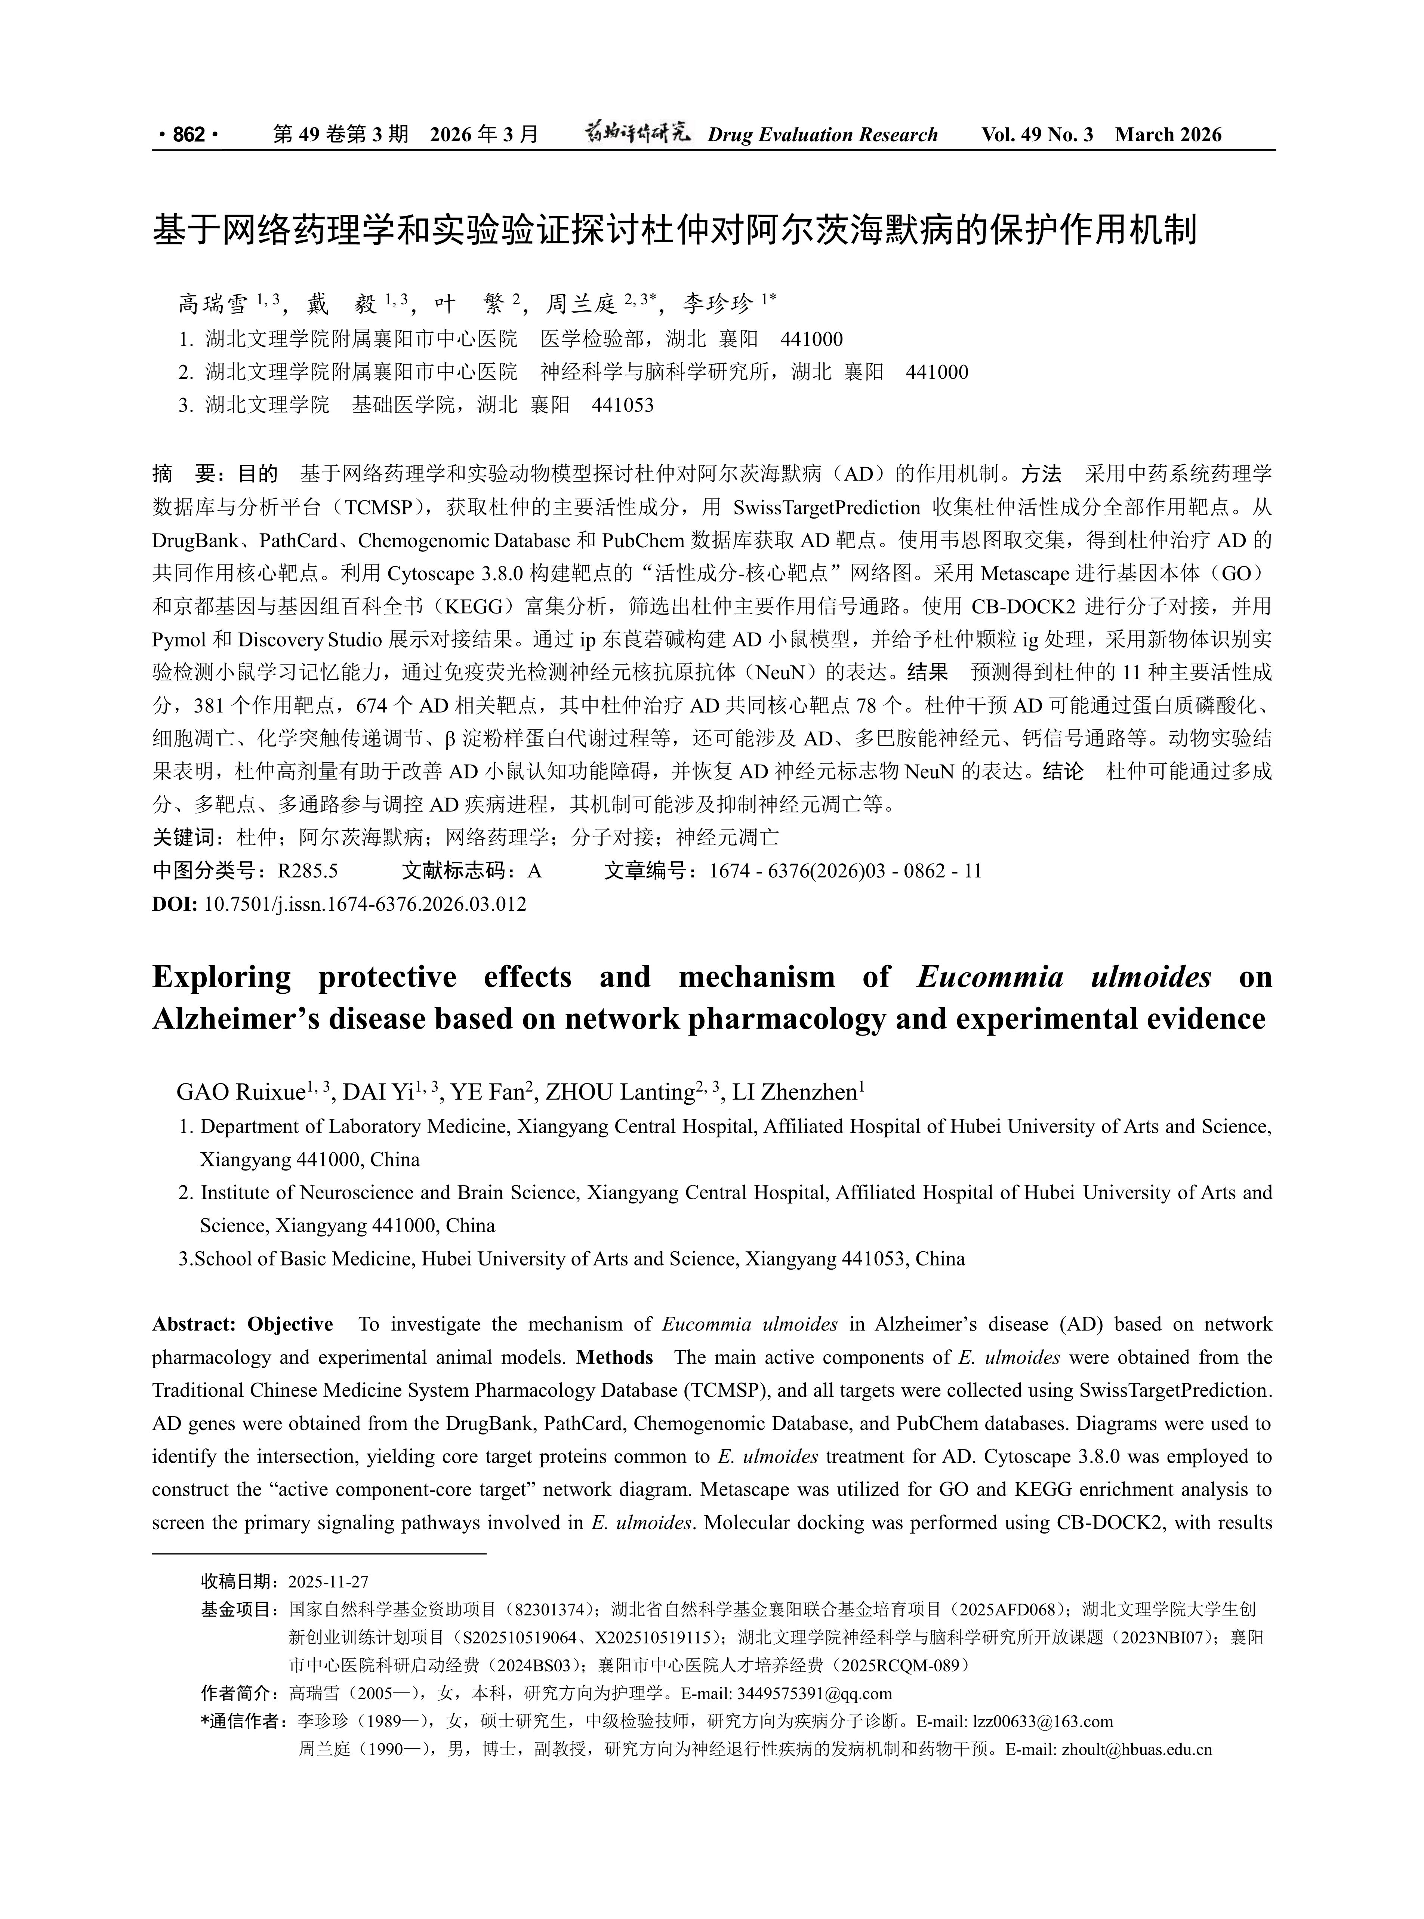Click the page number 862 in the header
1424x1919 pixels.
click(189, 135)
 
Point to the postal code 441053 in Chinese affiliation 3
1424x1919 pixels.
click(622, 405)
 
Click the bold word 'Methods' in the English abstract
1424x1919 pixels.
click(614, 1357)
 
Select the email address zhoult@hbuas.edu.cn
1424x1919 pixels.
click(1137, 1749)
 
